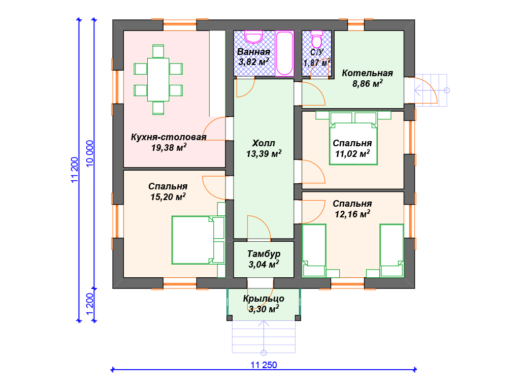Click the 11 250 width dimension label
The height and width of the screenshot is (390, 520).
point(264,365)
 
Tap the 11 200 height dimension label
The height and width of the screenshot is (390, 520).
point(75,170)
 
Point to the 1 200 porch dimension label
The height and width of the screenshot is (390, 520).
point(90,305)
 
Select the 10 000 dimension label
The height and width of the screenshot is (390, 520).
point(90,153)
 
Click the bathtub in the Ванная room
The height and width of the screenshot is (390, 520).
point(284,53)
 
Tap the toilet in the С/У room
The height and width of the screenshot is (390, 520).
point(317,40)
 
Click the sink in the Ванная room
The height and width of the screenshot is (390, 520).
point(254,37)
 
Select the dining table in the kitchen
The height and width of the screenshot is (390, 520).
point(158,80)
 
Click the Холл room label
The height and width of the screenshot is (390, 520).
point(264,143)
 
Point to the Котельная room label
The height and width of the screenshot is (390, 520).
point(368,73)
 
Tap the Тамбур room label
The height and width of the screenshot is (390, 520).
point(264,254)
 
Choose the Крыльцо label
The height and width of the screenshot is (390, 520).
point(264,299)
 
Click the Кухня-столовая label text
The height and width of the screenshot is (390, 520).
point(169,137)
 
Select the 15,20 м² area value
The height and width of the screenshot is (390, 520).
point(168,197)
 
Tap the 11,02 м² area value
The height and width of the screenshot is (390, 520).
point(352,153)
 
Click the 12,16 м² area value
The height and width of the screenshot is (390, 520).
point(352,214)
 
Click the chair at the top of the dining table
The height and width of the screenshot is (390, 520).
point(158,51)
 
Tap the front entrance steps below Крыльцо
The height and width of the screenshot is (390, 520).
point(264,337)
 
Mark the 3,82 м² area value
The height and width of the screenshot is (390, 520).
point(254,62)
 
